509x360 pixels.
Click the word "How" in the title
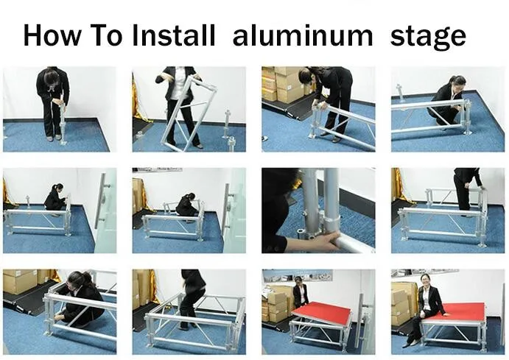pyautogui.click(x=52, y=35)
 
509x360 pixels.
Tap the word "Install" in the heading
pyautogui.click(x=174, y=35)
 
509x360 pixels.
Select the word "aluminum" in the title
pyautogui.click(x=303, y=35)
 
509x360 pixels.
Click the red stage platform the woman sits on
pyautogui.click(x=457, y=312)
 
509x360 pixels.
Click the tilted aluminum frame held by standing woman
pyautogui.click(x=189, y=113)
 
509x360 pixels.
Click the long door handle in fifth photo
pyautogui.click(x=102, y=201)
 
